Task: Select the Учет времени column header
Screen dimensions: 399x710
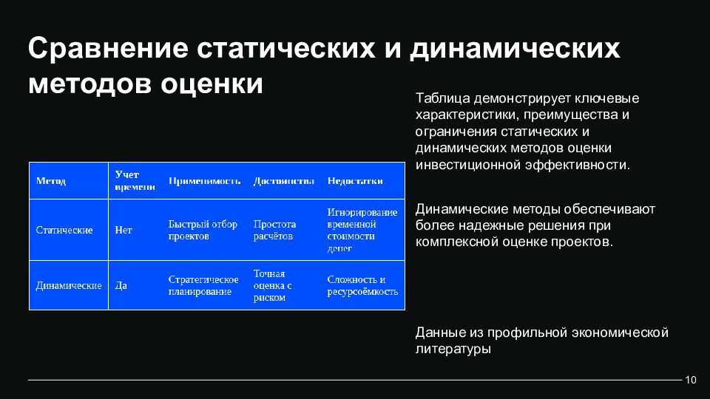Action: pos(135,181)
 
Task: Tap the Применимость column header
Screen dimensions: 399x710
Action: pos(205,181)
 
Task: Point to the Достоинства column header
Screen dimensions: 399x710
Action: pos(283,181)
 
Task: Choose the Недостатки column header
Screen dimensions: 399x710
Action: pos(355,181)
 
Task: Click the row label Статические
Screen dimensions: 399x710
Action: pos(64,231)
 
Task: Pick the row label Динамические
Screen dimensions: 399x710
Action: pos(69,285)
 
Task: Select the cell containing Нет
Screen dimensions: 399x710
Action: pos(124,231)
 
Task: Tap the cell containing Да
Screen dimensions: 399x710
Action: pos(121,285)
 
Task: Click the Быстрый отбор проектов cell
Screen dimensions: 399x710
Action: pos(203,231)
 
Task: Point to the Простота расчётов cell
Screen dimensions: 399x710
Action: pos(274,231)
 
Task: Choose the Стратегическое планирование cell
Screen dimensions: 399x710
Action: pos(203,285)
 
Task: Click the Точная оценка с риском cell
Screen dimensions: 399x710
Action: pos(272,285)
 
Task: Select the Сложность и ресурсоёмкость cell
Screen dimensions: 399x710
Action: pos(362,285)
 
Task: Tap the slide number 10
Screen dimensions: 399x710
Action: pos(692,380)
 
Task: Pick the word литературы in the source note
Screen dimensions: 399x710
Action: pos(453,349)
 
